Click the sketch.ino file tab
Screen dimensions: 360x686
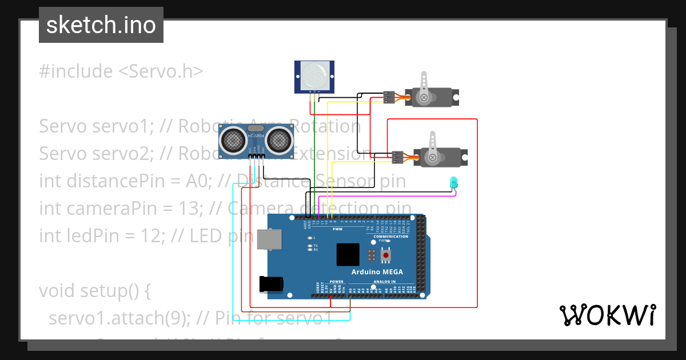coord(101,25)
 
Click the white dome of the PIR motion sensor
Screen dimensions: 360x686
coord(314,74)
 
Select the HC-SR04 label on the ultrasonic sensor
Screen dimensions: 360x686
coord(256,135)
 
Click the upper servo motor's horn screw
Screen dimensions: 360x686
coord(424,98)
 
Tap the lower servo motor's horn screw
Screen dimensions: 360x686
coord(433,157)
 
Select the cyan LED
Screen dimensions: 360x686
coord(454,182)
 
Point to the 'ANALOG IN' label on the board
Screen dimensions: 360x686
coord(384,282)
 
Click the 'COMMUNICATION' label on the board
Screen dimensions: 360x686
coord(390,236)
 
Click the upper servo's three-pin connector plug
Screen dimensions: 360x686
coord(389,98)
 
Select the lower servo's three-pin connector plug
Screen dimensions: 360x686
coord(397,155)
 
